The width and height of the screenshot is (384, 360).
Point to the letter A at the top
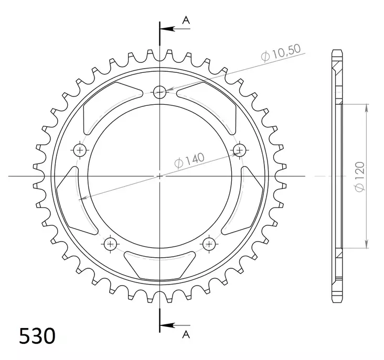pos(185,20)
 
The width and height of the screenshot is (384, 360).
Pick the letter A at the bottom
pos(185,334)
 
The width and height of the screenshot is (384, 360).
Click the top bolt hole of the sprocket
pos(160,92)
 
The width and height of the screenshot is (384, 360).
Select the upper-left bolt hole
pos(80,151)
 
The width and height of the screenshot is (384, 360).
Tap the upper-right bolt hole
pos(240,151)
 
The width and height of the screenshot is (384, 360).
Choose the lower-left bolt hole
pos(111,244)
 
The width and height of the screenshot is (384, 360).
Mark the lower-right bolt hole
pos(209,244)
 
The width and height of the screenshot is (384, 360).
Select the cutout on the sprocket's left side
pos(74,202)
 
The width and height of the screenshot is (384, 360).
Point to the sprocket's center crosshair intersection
pos(160,177)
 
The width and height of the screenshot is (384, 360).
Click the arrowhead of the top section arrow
pos(164,29)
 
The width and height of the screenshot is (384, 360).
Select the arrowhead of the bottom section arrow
pos(164,323)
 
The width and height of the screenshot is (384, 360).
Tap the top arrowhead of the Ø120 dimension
pos(366,106)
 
